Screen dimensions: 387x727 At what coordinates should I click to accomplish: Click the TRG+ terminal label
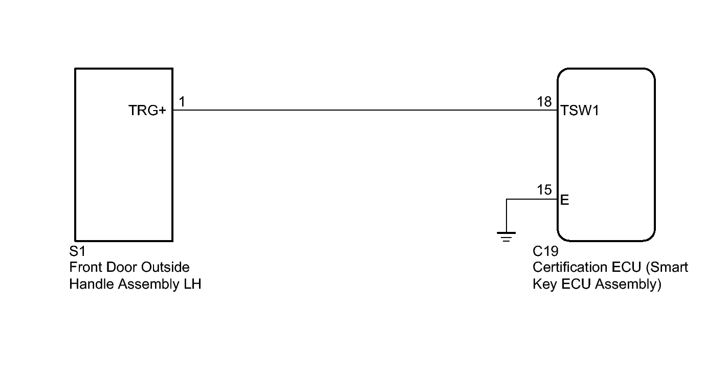coord(147,111)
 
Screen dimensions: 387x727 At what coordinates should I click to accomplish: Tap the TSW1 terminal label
coord(580,111)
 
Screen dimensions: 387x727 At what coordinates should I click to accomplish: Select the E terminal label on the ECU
coord(565,200)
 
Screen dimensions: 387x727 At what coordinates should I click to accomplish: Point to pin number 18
coord(544,102)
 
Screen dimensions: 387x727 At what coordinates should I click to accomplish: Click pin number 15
coord(544,190)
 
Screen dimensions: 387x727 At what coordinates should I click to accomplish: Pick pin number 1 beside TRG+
coord(182,102)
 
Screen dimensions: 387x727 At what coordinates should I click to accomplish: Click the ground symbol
coord(506,236)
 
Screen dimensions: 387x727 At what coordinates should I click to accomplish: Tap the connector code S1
coord(76,252)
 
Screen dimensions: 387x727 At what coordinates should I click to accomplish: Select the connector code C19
coord(545,252)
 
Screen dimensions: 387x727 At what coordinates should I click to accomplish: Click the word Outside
coord(165,267)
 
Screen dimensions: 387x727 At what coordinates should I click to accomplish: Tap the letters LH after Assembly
coord(192,284)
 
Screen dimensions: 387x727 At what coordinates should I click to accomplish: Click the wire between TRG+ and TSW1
coord(358,110)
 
